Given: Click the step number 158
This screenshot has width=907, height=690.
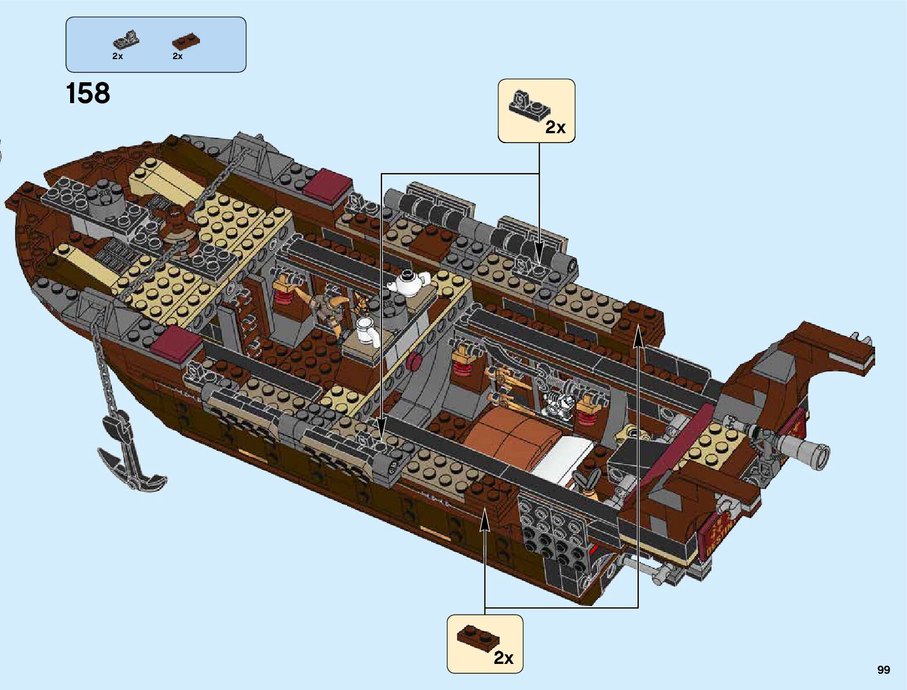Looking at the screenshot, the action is (x=88, y=94).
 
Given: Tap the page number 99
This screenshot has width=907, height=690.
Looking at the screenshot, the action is (x=883, y=670).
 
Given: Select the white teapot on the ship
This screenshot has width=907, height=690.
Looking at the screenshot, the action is (x=409, y=282).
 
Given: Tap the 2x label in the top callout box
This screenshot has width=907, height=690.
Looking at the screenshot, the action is (x=555, y=127).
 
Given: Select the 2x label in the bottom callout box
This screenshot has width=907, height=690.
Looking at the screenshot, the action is (x=504, y=658).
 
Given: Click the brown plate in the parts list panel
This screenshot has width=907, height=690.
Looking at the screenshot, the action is (x=187, y=41).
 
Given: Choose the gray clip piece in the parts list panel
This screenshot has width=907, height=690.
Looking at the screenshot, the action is (x=126, y=39).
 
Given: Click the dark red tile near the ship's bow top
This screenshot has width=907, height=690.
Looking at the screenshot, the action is (x=328, y=186).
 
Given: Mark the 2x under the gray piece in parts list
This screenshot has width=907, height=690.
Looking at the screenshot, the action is (x=118, y=57).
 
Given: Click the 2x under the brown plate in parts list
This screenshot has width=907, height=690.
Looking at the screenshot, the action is (x=177, y=57).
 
